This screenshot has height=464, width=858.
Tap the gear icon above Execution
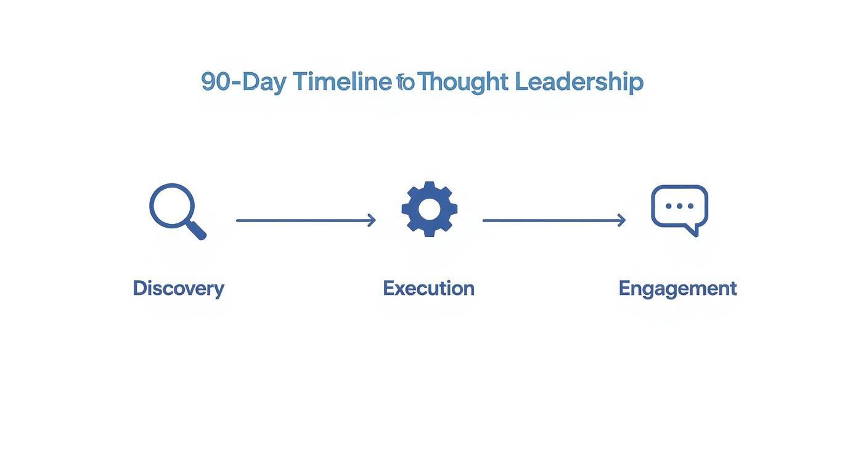point(429,209)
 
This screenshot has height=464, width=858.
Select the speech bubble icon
point(679,209)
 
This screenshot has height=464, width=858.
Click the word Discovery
point(178,288)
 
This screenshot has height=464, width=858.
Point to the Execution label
point(428,288)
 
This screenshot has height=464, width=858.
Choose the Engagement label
point(677,288)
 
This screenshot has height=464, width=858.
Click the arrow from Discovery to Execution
point(305,220)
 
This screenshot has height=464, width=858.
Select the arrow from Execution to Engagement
point(553,220)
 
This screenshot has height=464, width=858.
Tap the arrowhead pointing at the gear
point(372,220)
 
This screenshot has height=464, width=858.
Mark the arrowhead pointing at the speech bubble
point(622,220)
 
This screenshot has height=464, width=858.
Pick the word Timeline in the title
point(342,81)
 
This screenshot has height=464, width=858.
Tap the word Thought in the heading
point(463,81)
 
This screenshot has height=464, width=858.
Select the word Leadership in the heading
point(579,81)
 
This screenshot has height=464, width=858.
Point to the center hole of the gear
point(429,209)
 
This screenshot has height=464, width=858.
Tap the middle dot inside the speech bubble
point(680,206)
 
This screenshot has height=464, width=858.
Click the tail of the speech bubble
point(693,230)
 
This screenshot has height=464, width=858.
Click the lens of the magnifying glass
point(172,205)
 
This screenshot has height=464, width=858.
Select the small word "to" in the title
point(406,82)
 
